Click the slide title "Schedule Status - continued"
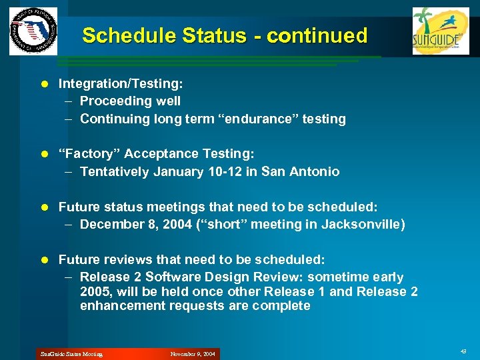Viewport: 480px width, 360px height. click(x=225, y=35)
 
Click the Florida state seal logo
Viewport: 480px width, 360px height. click(x=33, y=31)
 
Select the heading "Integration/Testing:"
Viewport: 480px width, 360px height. click(x=121, y=83)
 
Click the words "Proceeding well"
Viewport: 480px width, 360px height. click(x=130, y=101)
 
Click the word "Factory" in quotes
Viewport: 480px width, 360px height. click(x=87, y=154)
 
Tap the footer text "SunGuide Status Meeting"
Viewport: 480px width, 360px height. click(x=70, y=354)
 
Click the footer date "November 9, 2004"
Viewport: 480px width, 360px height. click(x=193, y=354)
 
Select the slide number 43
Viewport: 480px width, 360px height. click(x=463, y=351)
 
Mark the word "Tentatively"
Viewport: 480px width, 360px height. click(x=115, y=171)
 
